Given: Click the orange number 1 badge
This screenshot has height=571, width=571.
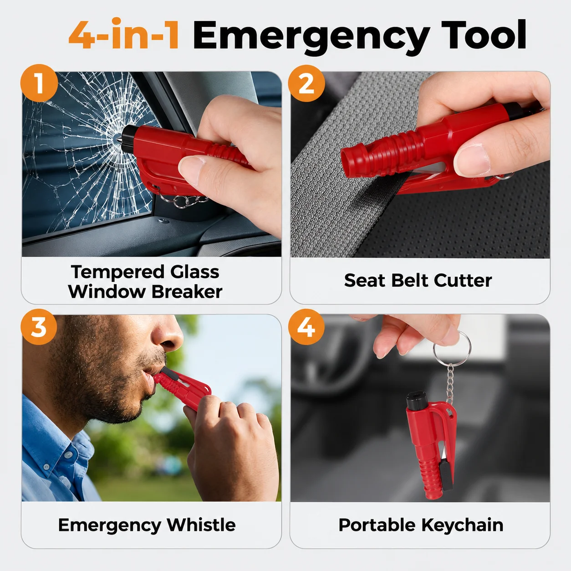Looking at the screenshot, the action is click(39, 83).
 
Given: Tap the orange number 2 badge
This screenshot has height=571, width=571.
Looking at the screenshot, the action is click(306, 83).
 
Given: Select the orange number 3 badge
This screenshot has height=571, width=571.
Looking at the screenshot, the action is click(39, 326).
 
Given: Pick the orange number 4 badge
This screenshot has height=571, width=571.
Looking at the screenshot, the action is click(306, 326).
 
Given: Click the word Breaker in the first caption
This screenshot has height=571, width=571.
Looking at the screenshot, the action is click(187, 292).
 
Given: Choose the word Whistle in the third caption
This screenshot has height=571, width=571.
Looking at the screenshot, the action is click(201, 525).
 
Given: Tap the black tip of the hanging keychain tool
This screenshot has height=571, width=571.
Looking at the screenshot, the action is click(417, 400).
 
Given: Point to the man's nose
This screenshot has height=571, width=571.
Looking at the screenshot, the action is click(168, 335).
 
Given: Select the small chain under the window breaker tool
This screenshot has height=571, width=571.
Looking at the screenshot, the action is click(184, 201).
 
